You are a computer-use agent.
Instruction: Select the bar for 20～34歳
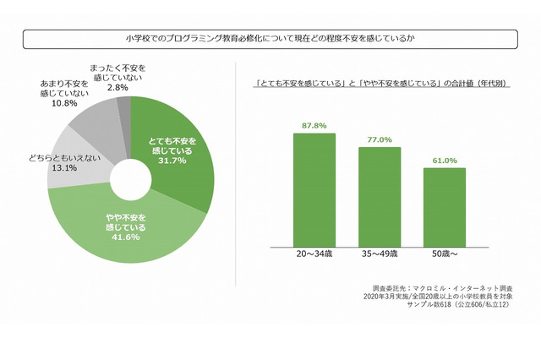tap(314, 190)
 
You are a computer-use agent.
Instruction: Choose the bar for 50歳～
tap(445, 207)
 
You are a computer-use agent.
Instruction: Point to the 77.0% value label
tap(379, 139)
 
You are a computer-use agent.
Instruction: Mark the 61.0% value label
tap(445, 160)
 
